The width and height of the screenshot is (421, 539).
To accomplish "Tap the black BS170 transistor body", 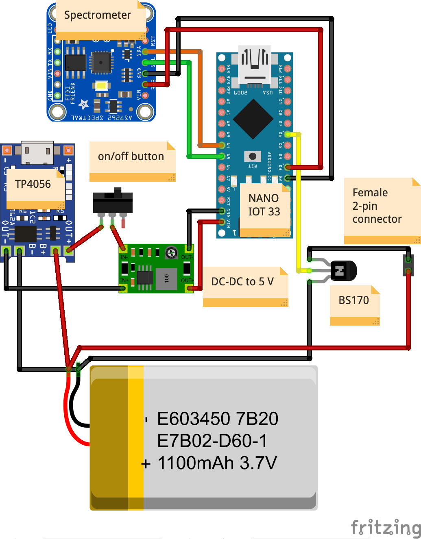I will (x=344, y=271).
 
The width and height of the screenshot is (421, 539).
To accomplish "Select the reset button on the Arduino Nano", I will (x=253, y=156).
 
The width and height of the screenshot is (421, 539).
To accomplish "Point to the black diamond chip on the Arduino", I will (x=253, y=118).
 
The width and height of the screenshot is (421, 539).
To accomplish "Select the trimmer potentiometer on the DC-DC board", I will (x=171, y=253).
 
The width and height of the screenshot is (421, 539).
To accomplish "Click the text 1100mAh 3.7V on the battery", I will (x=217, y=463).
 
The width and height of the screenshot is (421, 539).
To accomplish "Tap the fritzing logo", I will (x=385, y=527).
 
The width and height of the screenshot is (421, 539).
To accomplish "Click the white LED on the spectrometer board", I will (x=101, y=86).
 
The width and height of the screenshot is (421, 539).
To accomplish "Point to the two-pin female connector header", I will (x=408, y=265).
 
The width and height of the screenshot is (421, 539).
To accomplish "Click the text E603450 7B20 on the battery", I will (x=218, y=419).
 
